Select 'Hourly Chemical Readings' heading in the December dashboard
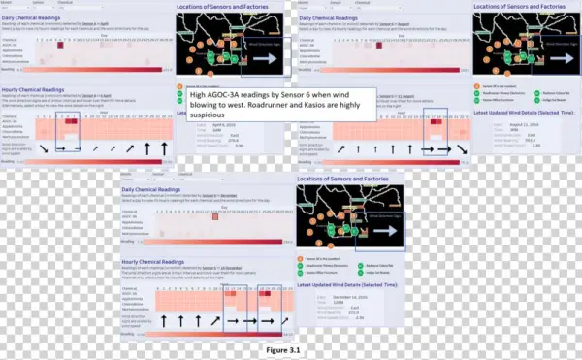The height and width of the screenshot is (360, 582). [x=155, y=261]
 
